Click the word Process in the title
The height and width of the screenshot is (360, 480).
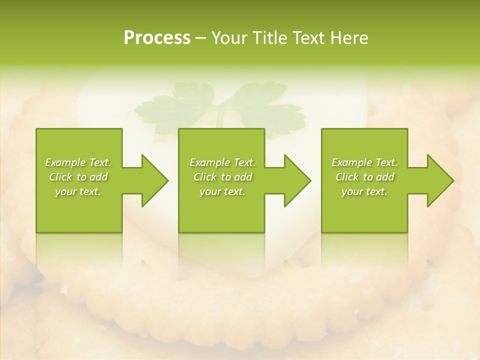coord(157,38)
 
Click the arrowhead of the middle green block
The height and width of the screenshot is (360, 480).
coord(296,180)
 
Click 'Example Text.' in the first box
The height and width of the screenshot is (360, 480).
coord(78,162)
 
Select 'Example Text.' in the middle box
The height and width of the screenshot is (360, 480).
coord(222,162)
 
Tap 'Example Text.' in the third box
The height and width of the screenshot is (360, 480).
coord(364,162)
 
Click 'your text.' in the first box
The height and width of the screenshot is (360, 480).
coord(78,191)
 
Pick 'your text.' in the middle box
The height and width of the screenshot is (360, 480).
coord(222,191)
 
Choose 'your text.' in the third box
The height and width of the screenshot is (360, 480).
coord(364,191)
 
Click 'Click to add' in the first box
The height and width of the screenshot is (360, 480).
coord(78,177)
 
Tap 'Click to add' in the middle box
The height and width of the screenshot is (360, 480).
coord(222,177)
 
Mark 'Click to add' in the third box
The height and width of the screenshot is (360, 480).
coord(364,177)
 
